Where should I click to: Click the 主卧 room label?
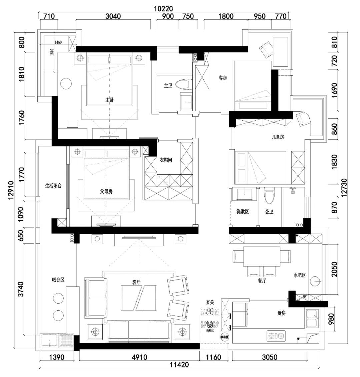[x=110, y=99]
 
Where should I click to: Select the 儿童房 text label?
[x=277, y=137]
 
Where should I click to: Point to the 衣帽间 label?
[x=165, y=160]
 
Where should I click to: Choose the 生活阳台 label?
[x=53, y=186]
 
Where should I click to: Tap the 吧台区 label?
[x=58, y=280]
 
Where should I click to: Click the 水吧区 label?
[x=300, y=275]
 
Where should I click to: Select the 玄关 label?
[x=210, y=302]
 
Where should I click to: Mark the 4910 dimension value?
[x=139, y=358]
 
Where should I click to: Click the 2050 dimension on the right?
[x=335, y=270]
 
